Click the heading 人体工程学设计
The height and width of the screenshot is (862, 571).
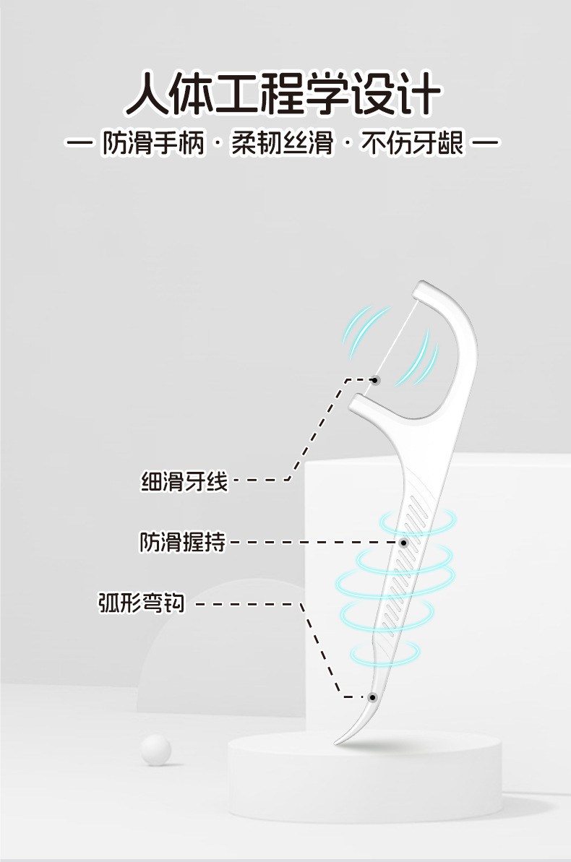(x=283, y=94)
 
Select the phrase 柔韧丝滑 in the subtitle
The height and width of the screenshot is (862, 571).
(x=283, y=142)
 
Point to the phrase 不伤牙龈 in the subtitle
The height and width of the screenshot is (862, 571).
(x=413, y=142)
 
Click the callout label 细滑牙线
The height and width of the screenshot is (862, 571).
(x=184, y=480)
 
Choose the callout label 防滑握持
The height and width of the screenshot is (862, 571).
(x=182, y=541)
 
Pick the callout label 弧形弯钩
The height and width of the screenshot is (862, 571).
(x=142, y=603)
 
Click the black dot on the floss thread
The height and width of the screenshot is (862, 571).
(x=374, y=379)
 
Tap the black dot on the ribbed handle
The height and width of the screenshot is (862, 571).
(x=403, y=542)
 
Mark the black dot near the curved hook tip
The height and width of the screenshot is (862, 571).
(x=372, y=697)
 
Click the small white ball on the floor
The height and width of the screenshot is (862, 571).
(x=155, y=749)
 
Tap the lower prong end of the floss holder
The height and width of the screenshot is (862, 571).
(x=356, y=402)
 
